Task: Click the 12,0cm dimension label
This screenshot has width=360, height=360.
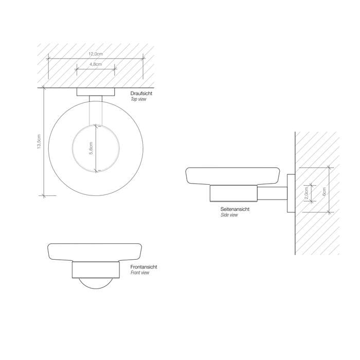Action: (x=96, y=54)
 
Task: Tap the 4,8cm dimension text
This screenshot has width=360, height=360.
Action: (x=96, y=64)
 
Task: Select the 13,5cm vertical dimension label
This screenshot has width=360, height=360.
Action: (x=39, y=141)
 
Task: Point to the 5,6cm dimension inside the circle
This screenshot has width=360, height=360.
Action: (x=91, y=148)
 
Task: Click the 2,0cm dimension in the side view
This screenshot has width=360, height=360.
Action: (x=306, y=193)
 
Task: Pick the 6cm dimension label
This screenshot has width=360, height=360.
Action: (x=324, y=191)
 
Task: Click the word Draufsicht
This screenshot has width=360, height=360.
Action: (x=141, y=94)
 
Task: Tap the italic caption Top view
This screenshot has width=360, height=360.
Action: (x=138, y=99)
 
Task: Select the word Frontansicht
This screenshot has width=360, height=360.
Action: (x=143, y=267)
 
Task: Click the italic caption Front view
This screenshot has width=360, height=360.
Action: (x=140, y=273)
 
